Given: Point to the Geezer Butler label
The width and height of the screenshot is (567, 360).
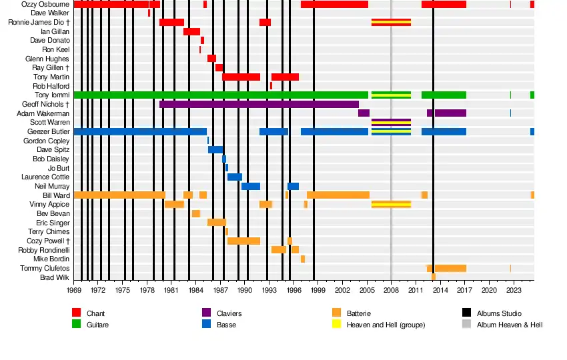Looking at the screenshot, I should tap(47, 132).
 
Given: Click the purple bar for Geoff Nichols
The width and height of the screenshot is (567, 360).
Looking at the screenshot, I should tap(259, 104).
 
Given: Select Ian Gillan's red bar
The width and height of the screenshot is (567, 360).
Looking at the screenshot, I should tap(191, 31).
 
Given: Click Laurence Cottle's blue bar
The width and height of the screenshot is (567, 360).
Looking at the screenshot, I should tap(234, 177).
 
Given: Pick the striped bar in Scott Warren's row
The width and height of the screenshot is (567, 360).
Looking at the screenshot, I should tap(391, 123).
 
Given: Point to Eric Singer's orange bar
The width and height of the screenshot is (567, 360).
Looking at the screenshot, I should tap(216, 222).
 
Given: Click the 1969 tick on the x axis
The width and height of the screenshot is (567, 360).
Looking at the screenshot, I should tap(73, 290).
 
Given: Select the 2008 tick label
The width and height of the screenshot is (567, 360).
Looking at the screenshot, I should tap(391, 290).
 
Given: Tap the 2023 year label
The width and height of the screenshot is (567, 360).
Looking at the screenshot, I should tap(514, 290).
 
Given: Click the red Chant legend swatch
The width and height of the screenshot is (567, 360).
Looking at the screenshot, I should tap(76, 313).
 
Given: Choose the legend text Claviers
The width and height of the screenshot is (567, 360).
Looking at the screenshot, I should tap(229, 313).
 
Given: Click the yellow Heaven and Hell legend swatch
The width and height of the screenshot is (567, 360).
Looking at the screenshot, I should tap(336, 325).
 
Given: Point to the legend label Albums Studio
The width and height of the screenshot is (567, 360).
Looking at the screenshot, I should tap(499, 313).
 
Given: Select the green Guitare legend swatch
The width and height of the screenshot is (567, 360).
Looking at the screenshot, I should tap(76, 325).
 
